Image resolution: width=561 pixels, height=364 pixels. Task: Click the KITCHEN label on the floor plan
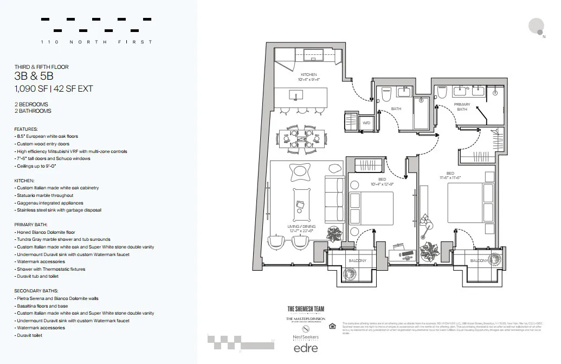point(308,74)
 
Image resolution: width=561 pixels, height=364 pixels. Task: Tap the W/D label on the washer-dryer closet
point(366,123)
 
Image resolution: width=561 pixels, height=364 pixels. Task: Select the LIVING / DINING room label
point(302,226)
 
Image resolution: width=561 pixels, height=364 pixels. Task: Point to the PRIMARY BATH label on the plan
point(462,107)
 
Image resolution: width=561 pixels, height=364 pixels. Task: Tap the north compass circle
point(536,25)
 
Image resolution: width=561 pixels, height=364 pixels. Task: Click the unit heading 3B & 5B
point(34,76)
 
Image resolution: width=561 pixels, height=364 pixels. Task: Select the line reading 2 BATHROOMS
point(33,111)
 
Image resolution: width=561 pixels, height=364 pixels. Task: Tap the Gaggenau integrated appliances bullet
point(51,202)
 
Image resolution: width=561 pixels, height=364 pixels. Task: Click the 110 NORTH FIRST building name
point(96,42)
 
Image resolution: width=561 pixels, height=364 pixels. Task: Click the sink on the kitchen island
point(296,96)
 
